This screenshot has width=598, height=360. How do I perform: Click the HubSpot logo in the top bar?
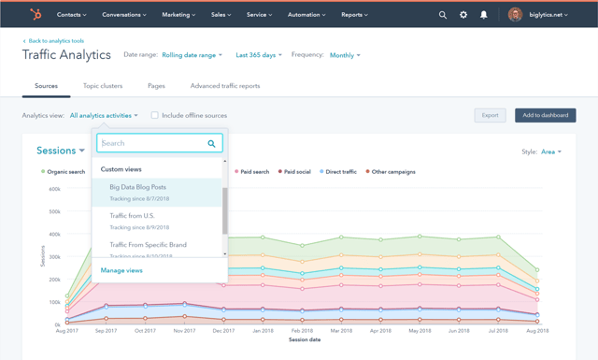pyautogui.click(x=36, y=15)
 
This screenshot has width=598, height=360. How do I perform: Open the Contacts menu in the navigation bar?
pyautogui.click(x=71, y=15)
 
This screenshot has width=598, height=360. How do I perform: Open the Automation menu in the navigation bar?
pyautogui.click(x=305, y=15)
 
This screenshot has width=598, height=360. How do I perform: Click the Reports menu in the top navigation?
pyautogui.click(x=354, y=15)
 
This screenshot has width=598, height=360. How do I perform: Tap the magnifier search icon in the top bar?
pyautogui.click(x=443, y=15)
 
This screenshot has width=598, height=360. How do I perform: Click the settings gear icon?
pyautogui.click(x=463, y=15)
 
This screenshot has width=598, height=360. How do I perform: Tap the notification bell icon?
pyautogui.click(x=483, y=15)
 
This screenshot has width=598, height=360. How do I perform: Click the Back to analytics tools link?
pyautogui.click(x=54, y=41)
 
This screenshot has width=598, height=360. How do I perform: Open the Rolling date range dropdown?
pyautogui.click(x=192, y=55)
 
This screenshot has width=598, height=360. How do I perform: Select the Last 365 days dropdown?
pyautogui.click(x=259, y=55)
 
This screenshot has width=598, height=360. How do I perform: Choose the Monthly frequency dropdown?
pyautogui.click(x=344, y=55)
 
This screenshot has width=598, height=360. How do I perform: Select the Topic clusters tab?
pyautogui.click(x=103, y=86)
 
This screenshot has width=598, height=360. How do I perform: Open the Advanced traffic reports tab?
pyautogui.click(x=225, y=86)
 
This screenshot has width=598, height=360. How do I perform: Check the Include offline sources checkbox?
pyautogui.click(x=155, y=116)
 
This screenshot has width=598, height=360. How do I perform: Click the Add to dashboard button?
pyautogui.click(x=545, y=115)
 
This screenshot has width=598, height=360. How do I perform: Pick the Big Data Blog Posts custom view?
pyautogui.click(x=138, y=187)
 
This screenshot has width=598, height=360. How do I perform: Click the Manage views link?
pyautogui.click(x=121, y=270)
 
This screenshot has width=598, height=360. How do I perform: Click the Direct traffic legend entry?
pyautogui.click(x=338, y=172)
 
